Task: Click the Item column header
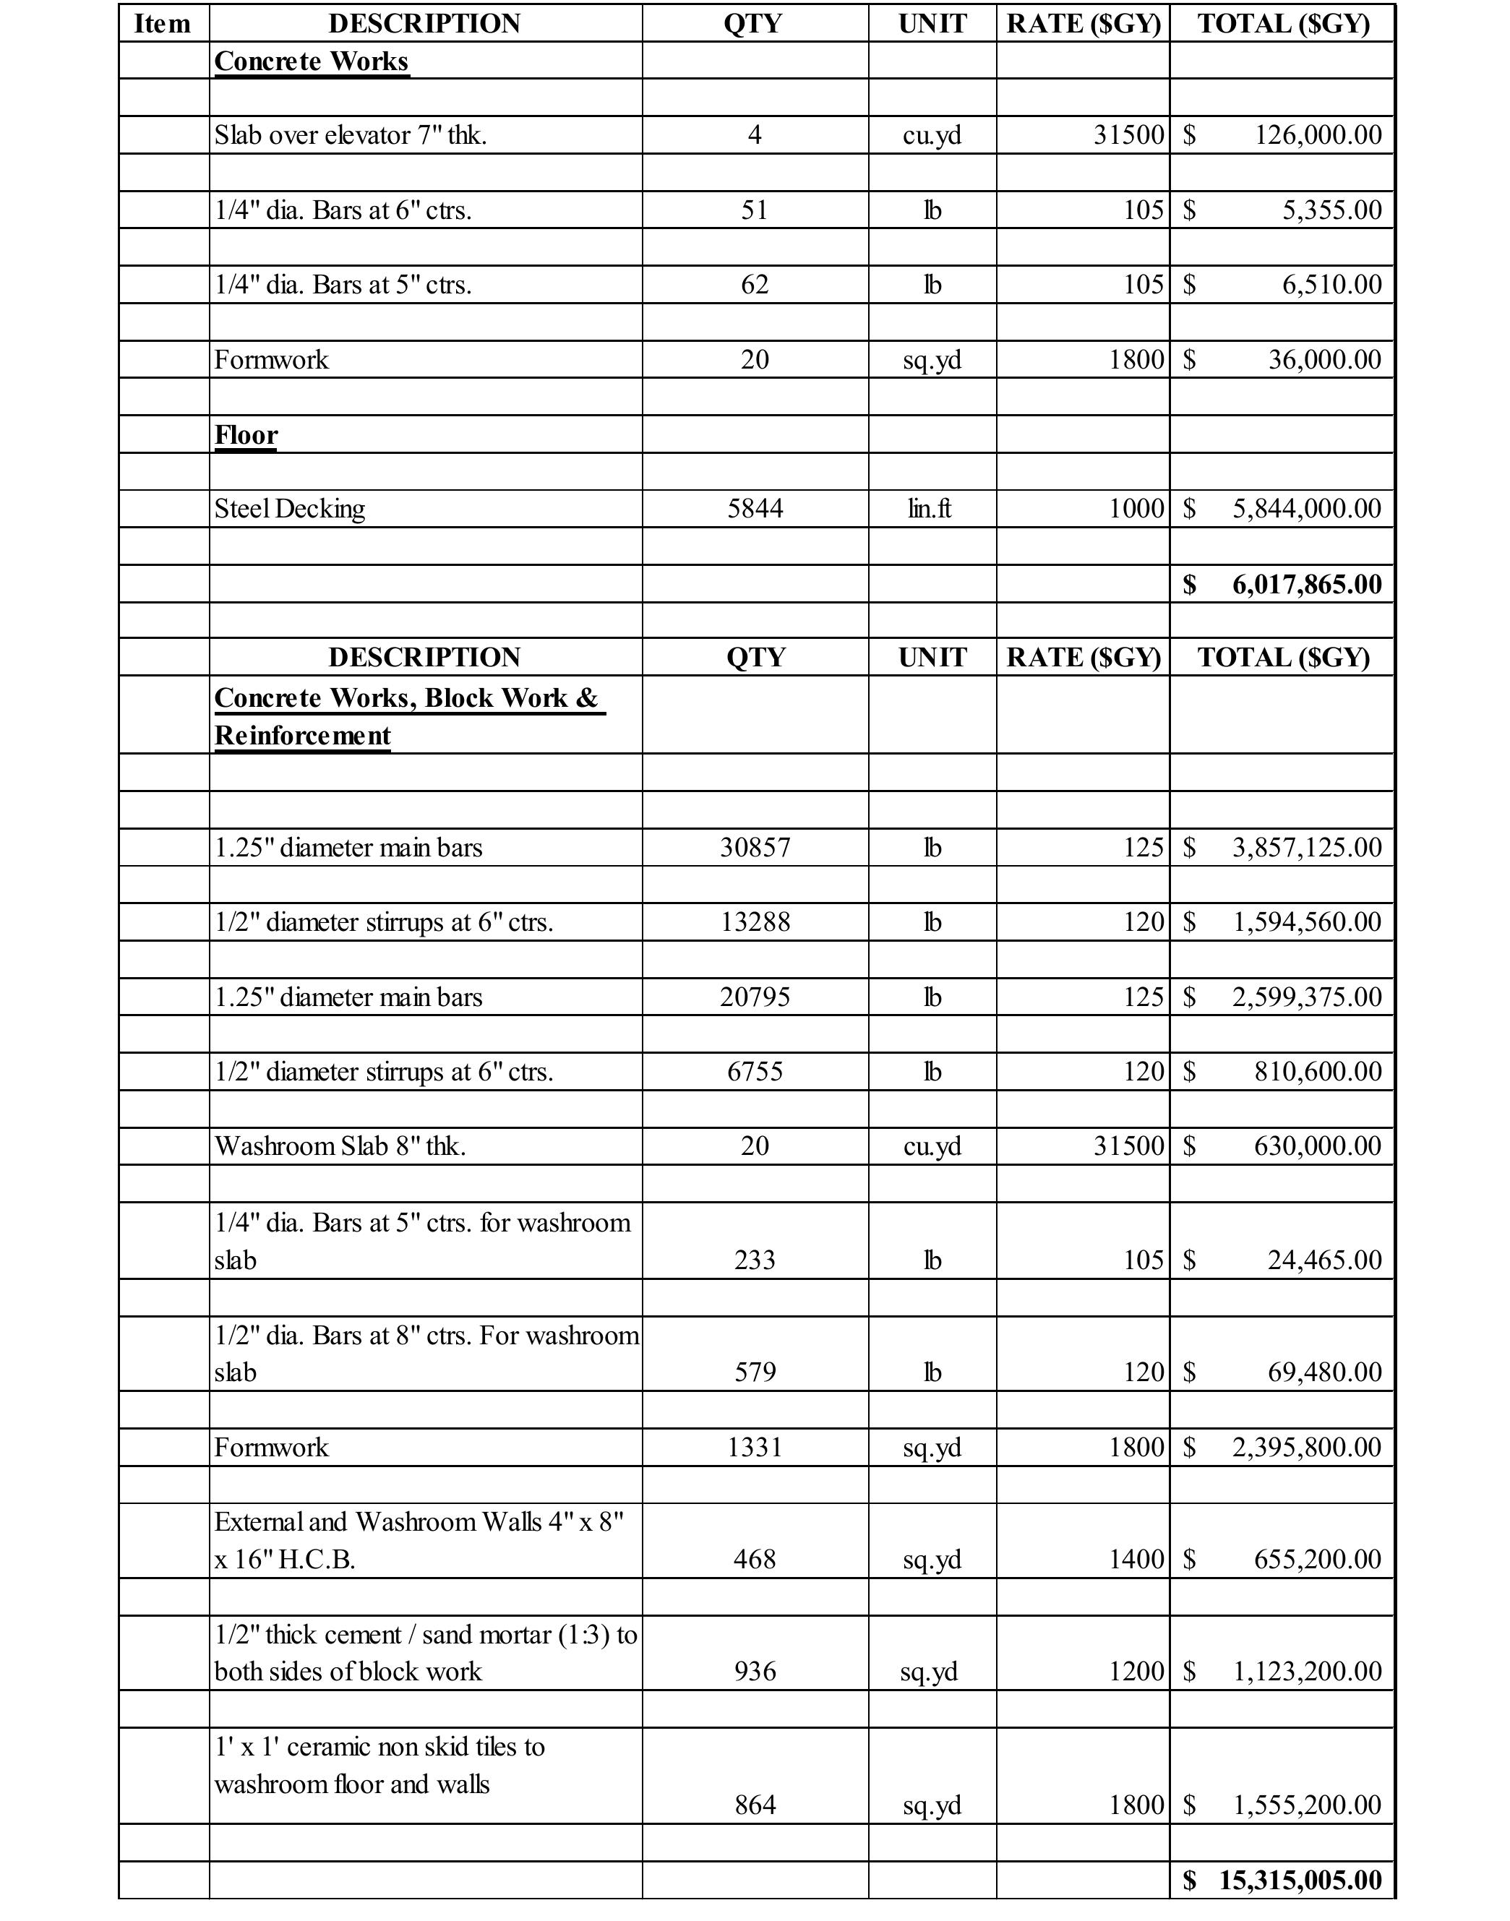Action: point(163,24)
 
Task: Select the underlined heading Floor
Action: point(246,435)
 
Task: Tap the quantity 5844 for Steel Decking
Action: point(754,508)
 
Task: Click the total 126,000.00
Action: point(1317,135)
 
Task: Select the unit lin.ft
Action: point(931,508)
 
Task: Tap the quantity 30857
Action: point(754,848)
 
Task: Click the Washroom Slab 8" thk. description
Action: point(340,1146)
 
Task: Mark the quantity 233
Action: point(754,1260)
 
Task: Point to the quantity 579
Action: point(754,1372)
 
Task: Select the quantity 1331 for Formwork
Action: point(754,1447)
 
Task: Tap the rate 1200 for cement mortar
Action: point(1136,1671)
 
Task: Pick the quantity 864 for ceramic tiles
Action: point(754,1805)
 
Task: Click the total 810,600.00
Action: point(1317,1072)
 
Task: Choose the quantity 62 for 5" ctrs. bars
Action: point(754,285)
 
